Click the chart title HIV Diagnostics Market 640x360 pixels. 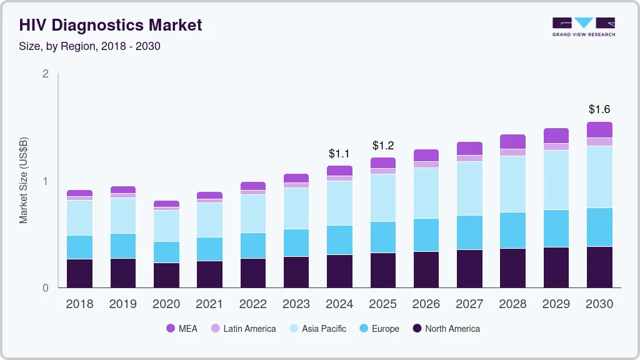click(111, 25)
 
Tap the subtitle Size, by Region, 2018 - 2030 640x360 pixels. click(89, 46)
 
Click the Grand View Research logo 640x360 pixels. click(583, 26)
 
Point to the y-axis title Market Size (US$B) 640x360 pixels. click(23, 180)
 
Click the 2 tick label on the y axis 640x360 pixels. click(45, 74)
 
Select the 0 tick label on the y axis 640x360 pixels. click(45, 288)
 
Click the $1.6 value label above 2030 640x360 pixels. click(599, 109)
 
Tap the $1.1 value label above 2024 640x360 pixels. click(340, 153)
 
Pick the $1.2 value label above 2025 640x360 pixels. click(383, 145)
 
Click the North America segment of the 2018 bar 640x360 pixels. click(79, 273)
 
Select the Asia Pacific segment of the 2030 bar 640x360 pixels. click(599, 176)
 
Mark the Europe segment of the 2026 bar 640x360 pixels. click(426, 235)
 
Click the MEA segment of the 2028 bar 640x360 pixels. click(513, 141)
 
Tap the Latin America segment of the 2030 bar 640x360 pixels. click(599, 141)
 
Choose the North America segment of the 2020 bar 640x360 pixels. click(166, 275)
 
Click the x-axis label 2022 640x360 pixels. click(253, 304)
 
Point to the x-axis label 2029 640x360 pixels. click(556, 304)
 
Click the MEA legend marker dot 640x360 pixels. click(171, 329)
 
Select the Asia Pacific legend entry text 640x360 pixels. click(324, 329)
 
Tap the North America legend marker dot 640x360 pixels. click(417, 329)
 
